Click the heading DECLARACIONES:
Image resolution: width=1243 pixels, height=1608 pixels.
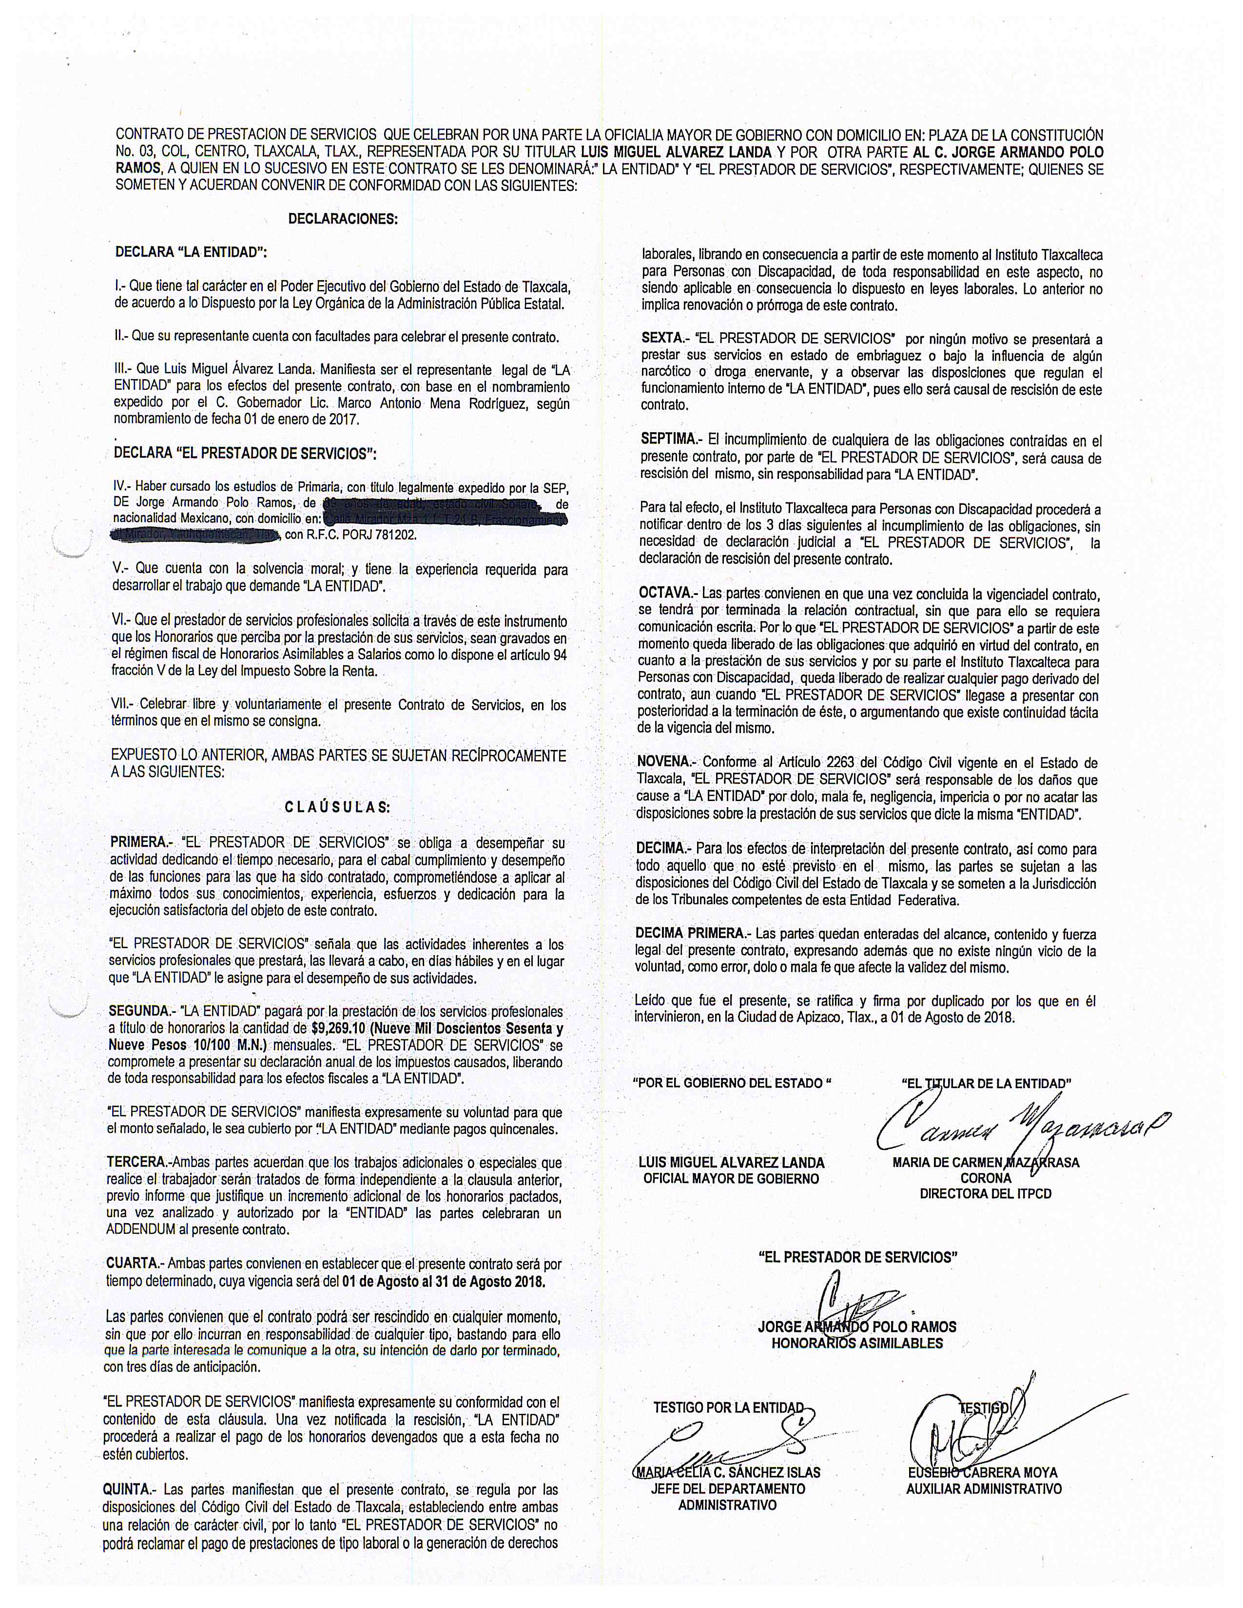pyautogui.click(x=342, y=219)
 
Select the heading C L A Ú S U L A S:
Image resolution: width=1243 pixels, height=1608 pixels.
pyautogui.click(x=338, y=807)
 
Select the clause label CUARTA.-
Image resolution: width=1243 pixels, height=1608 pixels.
pyautogui.click(x=133, y=1263)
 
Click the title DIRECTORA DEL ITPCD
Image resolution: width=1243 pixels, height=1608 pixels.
pyautogui.click(x=985, y=1193)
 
